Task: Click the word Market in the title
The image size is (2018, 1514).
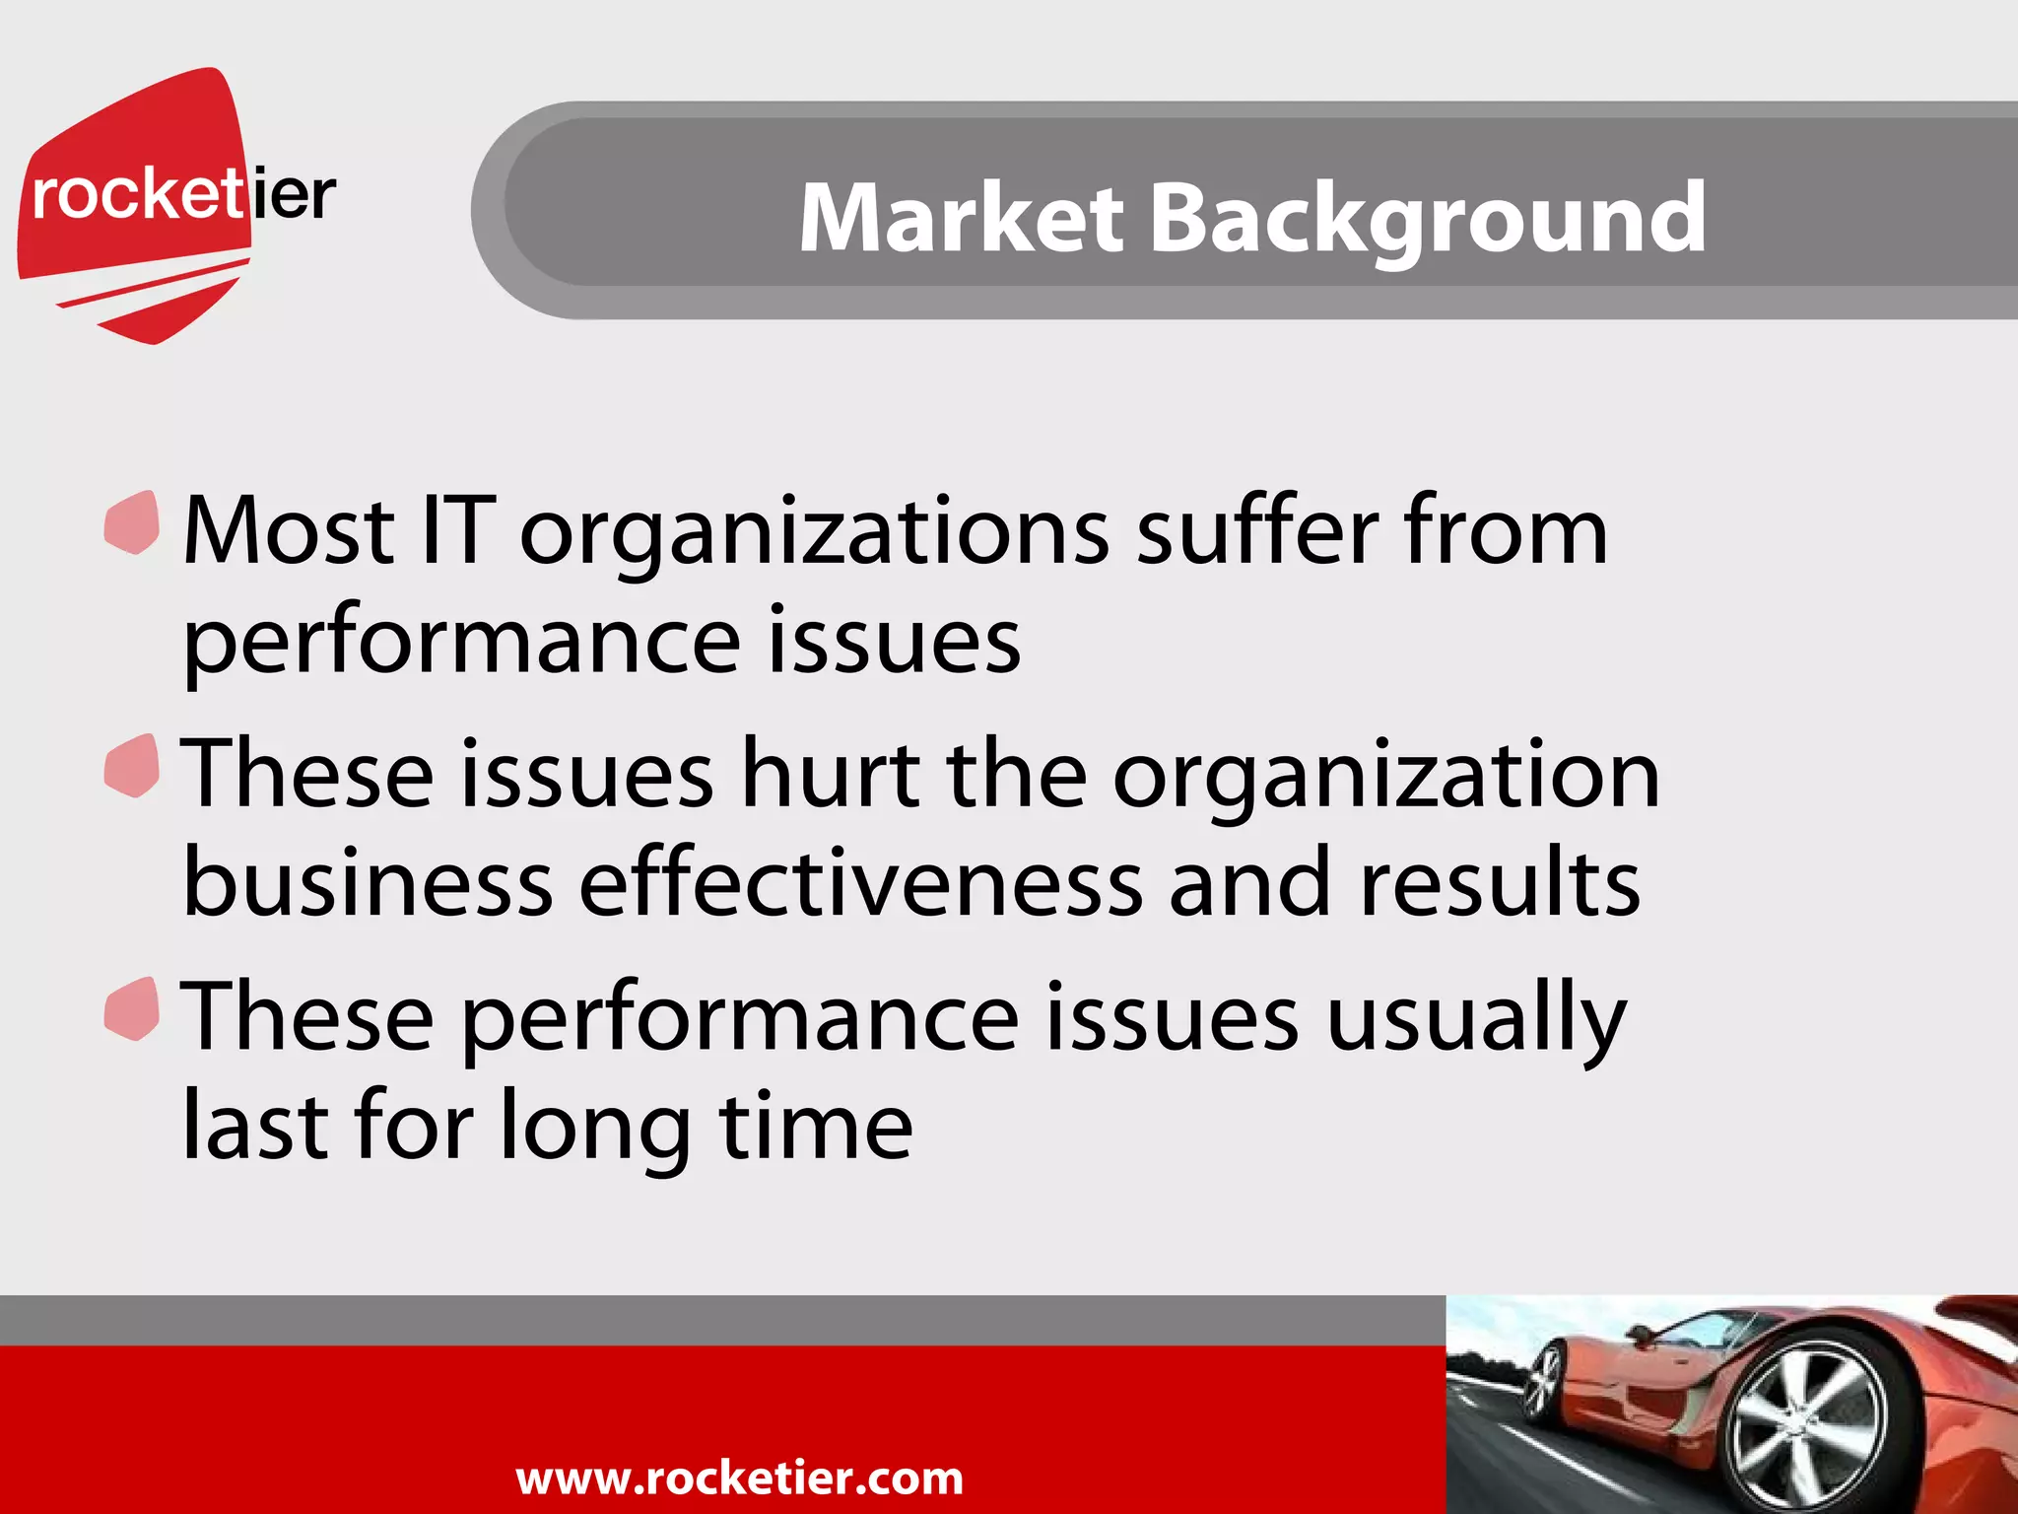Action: click(961, 218)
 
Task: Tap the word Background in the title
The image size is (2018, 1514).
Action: click(1428, 220)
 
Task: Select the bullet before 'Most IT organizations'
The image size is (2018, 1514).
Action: click(132, 522)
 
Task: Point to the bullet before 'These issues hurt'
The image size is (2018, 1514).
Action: click(132, 766)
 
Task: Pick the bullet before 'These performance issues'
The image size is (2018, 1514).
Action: click(132, 1008)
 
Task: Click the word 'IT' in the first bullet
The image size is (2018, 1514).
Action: click(456, 531)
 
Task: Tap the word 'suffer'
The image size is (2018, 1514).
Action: click(1257, 531)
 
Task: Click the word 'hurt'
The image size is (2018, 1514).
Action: click(831, 775)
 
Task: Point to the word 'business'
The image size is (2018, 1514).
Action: click(368, 883)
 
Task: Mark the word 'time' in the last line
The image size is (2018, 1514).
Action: click(816, 1126)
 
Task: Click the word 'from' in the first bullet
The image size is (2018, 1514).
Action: click(1507, 531)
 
